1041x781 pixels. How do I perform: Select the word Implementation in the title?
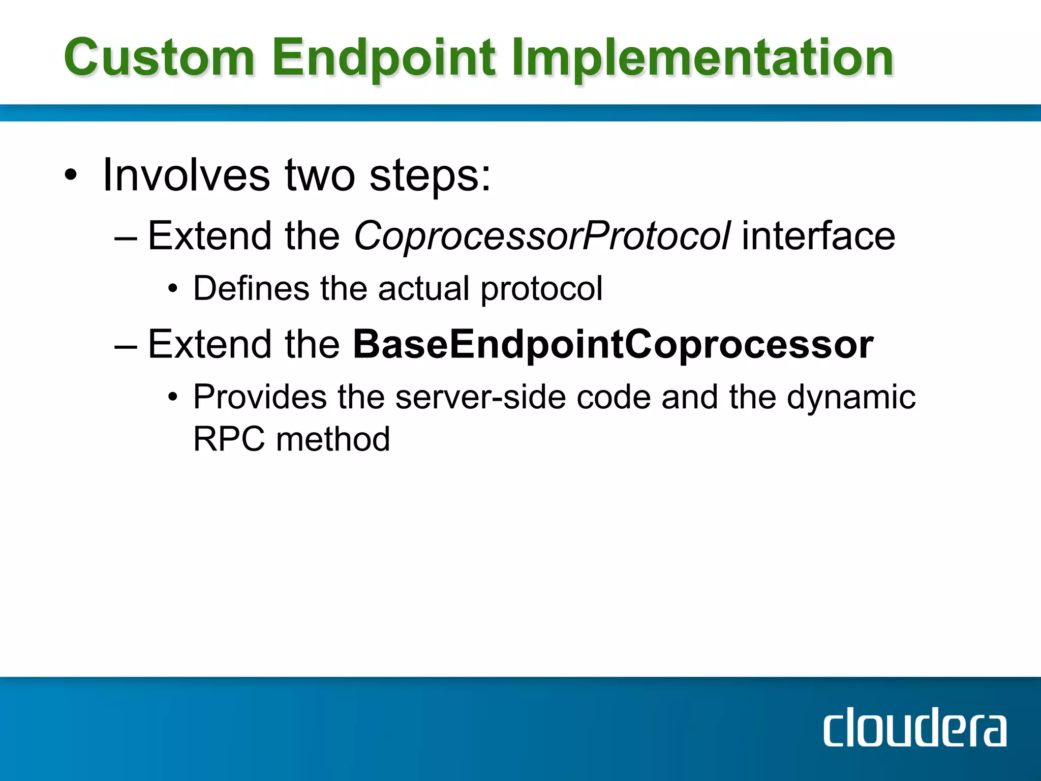(702, 58)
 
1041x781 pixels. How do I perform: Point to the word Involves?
(186, 175)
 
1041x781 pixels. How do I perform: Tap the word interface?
(818, 236)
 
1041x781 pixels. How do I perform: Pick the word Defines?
(251, 288)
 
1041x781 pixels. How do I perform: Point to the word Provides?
(260, 397)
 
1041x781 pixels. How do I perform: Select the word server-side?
(480, 397)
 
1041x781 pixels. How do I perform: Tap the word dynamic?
(851, 398)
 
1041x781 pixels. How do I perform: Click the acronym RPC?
(229, 439)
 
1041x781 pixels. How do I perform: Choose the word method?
(333, 439)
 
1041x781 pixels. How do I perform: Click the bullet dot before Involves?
(71, 176)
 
